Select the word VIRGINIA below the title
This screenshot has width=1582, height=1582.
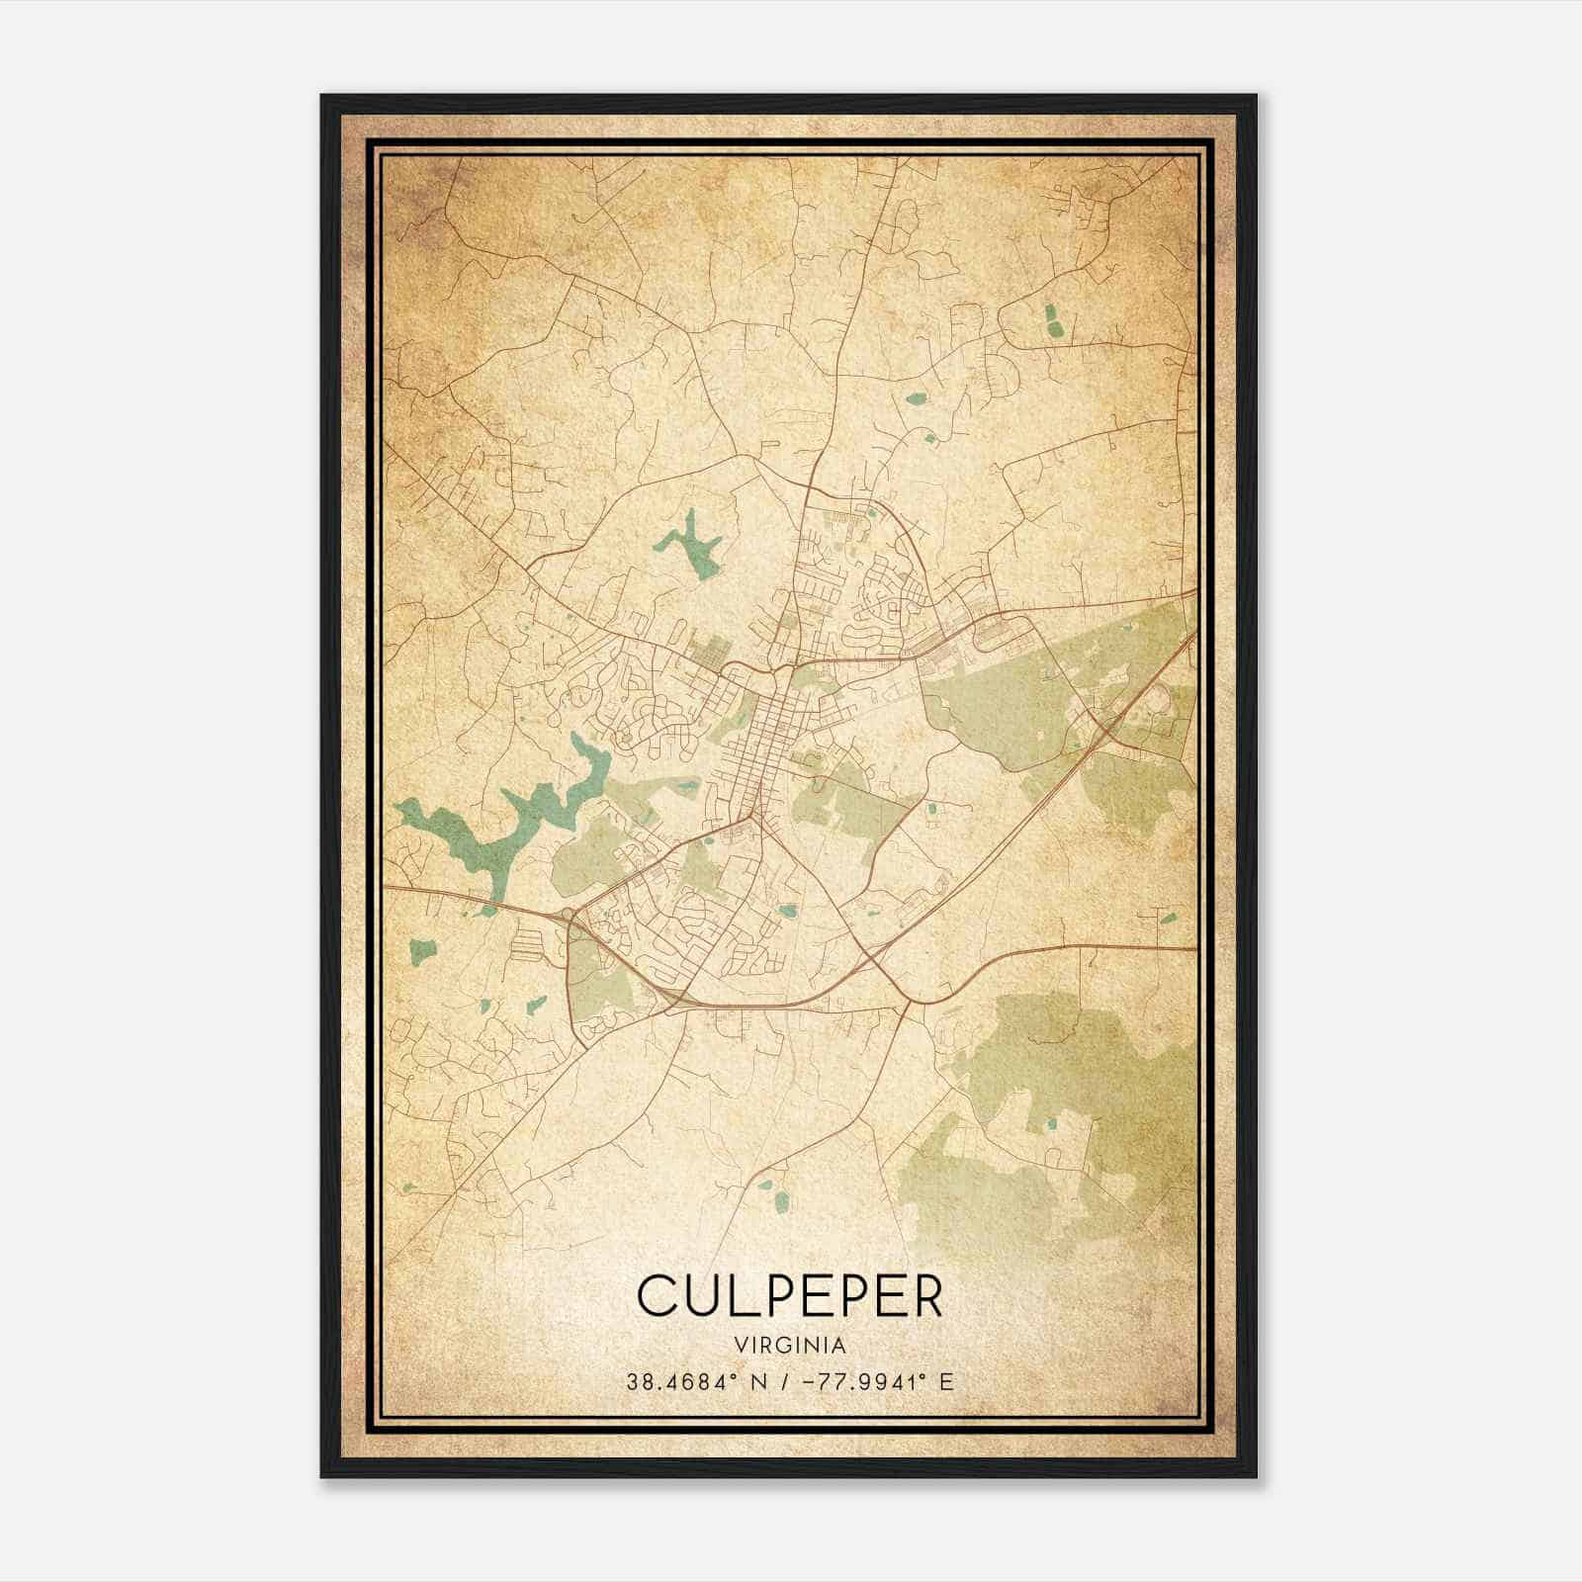coord(790,1345)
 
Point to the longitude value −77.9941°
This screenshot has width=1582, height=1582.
coord(869,1381)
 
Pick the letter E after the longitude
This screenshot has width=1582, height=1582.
coord(946,1381)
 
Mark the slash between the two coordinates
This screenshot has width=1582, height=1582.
coord(783,1381)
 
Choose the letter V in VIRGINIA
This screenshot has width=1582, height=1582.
coord(740,1345)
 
